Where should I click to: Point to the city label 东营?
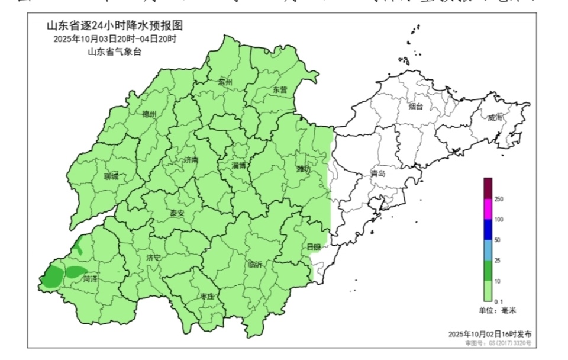[x=280, y=90]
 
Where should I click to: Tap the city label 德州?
[x=150, y=114]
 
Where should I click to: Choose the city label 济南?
[x=191, y=160]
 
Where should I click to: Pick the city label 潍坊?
[x=304, y=169]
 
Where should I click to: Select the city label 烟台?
[x=416, y=107]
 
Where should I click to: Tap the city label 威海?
[x=495, y=118]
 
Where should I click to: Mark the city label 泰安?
[x=177, y=213]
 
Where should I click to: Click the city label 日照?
[x=314, y=246]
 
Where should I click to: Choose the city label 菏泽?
[x=90, y=278]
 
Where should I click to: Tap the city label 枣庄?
[x=206, y=297]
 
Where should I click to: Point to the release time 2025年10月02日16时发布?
[x=490, y=334]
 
